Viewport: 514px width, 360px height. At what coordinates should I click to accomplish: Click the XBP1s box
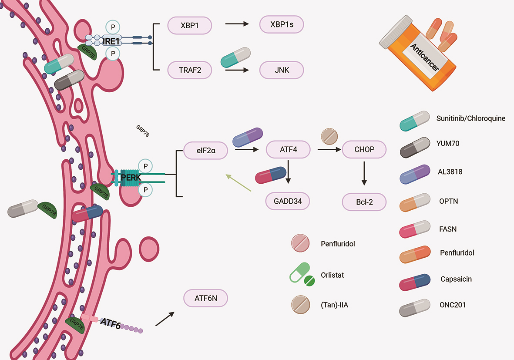click(x=281, y=25)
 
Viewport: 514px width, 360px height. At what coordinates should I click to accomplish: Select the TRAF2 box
click(x=190, y=70)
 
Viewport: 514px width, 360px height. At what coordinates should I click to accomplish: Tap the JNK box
click(x=281, y=70)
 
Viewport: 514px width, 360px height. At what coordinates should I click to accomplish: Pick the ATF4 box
click(x=288, y=149)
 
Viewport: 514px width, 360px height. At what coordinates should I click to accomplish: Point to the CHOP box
click(x=364, y=149)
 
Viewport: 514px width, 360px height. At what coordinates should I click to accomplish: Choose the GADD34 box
click(x=287, y=201)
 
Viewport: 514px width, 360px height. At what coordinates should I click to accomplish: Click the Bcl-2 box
click(x=364, y=202)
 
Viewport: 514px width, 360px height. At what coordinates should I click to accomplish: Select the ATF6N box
click(x=206, y=299)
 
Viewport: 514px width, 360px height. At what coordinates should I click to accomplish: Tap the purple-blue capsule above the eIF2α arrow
click(x=248, y=137)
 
